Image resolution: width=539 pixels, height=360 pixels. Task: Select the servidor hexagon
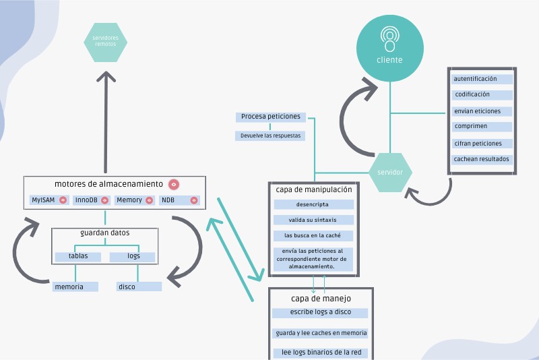pyautogui.click(x=390, y=172)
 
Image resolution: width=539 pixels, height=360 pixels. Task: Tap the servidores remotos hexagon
pyautogui.click(x=106, y=41)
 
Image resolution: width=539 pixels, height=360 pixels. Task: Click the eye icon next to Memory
pyautogui.click(x=149, y=200)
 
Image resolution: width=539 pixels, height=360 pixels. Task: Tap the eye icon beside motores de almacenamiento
pyautogui.click(x=173, y=184)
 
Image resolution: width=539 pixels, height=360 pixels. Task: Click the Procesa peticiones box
pyautogui.click(x=271, y=117)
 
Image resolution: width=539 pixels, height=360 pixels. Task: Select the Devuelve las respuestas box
pyautogui.click(x=270, y=136)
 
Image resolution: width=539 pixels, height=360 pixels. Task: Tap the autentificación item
pyautogui.click(x=482, y=79)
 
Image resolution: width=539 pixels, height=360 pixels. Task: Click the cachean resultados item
pyautogui.click(x=482, y=160)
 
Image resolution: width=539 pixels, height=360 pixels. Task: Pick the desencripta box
pyautogui.click(x=313, y=204)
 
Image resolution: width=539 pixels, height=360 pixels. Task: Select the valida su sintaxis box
pyautogui.click(x=313, y=220)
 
